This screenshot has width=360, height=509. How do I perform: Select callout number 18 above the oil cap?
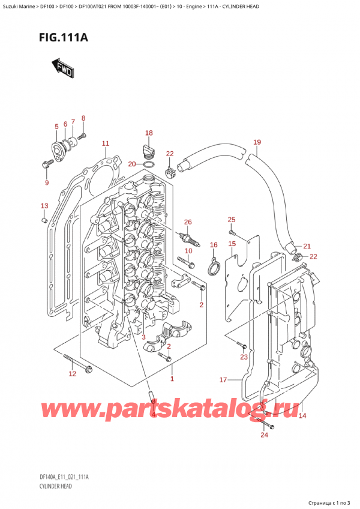[x=148, y=133]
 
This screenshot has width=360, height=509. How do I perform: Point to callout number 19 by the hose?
[x=257, y=142]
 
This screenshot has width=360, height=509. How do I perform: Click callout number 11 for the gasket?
[x=105, y=143]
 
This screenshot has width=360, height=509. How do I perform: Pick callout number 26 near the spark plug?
[x=188, y=223]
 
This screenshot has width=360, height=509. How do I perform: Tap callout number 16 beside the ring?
[x=213, y=245]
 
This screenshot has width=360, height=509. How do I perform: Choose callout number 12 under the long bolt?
[x=72, y=375]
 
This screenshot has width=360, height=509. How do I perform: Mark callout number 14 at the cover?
[x=302, y=415]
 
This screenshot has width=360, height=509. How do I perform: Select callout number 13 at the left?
[x=44, y=206]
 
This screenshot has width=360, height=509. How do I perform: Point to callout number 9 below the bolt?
[x=47, y=182]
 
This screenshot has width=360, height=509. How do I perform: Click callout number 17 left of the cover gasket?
[x=223, y=379]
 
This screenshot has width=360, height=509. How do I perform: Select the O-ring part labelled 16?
[x=211, y=267]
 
